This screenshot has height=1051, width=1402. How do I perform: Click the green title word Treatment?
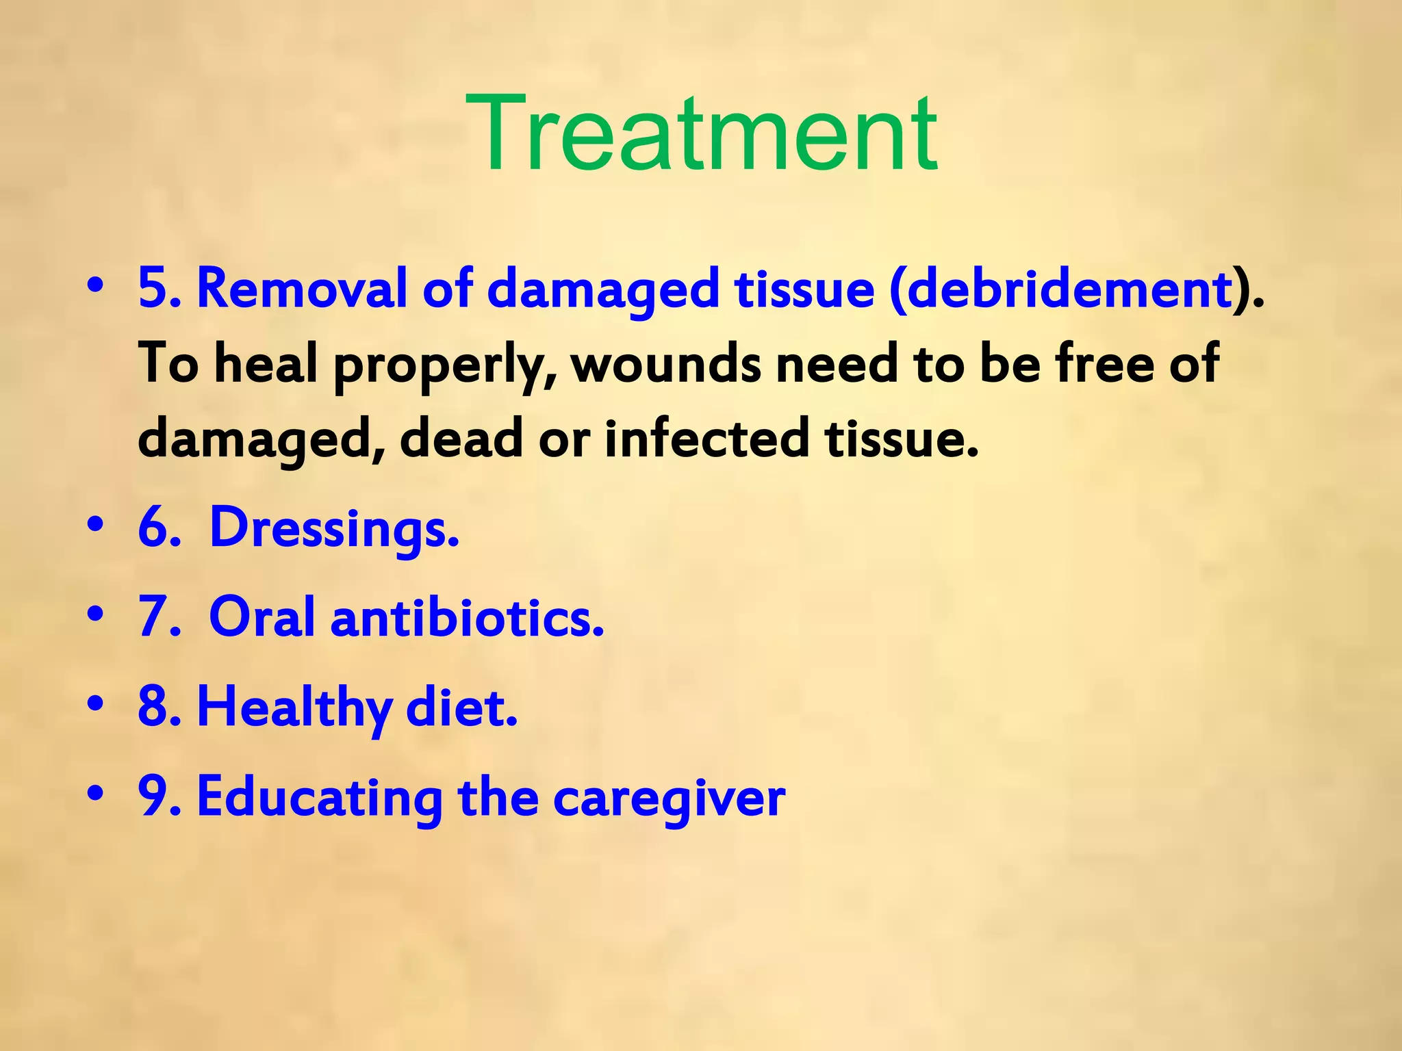point(701,133)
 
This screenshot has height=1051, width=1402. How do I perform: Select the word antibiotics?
point(467,617)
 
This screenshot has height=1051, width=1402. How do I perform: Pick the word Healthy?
point(294,708)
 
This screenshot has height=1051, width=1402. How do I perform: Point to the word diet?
point(461,708)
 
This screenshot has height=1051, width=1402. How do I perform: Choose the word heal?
point(266,363)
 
